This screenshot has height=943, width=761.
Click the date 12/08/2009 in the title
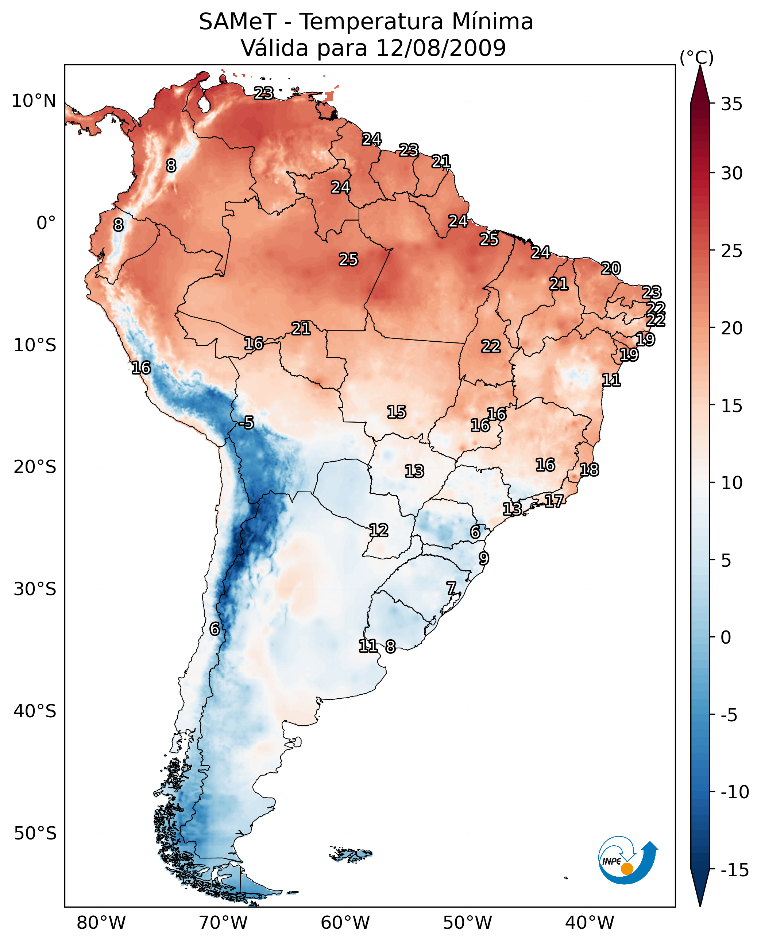pos(441,48)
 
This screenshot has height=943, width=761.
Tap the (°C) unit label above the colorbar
pos(696,58)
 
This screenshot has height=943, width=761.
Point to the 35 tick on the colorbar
pos(731,104)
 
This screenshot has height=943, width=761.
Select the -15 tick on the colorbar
pos(735,870)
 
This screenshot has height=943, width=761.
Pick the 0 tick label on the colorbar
pos(726,637)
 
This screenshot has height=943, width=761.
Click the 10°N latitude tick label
pos(34,101)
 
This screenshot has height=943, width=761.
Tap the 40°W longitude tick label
pos(589,923)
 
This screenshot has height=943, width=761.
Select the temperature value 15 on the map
pos(396,412)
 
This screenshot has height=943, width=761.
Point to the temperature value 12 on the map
pos(378,530)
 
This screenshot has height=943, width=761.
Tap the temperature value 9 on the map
pos(483,558)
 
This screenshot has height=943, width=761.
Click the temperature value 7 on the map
pos(451,588)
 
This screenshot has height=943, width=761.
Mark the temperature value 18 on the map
pos(589,470)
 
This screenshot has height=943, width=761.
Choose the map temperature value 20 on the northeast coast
pos(611,268)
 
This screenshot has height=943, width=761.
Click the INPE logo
pos(627,860)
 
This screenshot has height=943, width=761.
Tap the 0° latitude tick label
pos(46,223)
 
